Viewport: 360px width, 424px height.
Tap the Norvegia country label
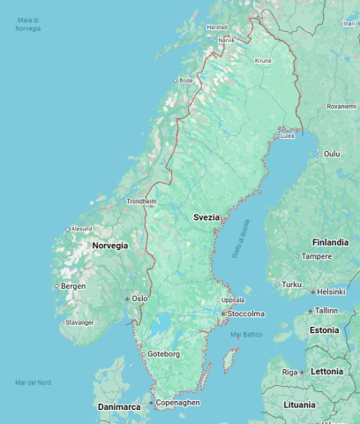click(110, 245)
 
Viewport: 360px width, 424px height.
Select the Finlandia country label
click(330, 241)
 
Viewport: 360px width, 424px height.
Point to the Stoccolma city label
click(245, 314)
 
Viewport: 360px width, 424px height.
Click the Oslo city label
click(139, 299)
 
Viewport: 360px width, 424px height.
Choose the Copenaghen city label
click(178, 403)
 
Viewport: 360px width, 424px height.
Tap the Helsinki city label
click(331, 291)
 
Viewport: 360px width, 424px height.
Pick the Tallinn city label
click(326, 311)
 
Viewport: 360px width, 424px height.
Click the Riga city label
click(289, 372)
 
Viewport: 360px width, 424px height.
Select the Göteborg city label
click(163, 354)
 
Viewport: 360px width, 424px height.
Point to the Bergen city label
click(73, 286)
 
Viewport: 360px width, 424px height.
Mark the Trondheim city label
click(141, 201)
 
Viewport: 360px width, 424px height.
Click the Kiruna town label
click(263, 61)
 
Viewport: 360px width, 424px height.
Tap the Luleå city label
click(287, 136)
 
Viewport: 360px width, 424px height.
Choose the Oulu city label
click(331, 154)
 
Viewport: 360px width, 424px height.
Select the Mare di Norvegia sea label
click(27, 25)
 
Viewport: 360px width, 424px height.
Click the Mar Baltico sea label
click(246, 335)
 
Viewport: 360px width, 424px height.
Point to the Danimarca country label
click(118, 407)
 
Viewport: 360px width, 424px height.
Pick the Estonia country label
click(324, 330)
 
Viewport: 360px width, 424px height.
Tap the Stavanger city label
click(79, 322)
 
